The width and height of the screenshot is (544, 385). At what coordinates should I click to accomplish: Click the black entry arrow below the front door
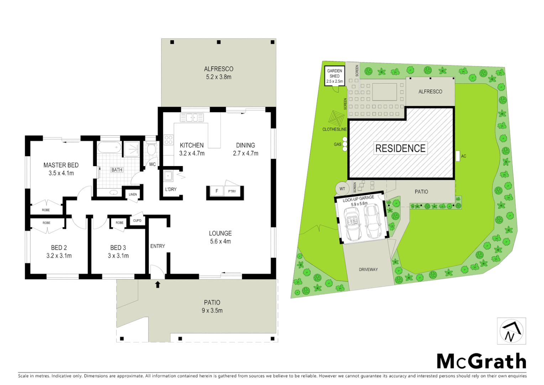click(157, 284)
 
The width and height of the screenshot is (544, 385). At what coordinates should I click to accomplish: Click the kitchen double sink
click(192, 117)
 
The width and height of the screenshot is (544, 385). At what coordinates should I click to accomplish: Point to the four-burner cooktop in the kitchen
click(168, 140)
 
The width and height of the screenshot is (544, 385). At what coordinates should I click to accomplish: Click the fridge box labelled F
click(216, 191)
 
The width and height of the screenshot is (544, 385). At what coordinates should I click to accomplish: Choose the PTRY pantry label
click(232, 191)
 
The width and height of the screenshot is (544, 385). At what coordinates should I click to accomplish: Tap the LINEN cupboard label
click(133, 194)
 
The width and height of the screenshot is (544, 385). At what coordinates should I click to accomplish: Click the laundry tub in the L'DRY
click(168, 176)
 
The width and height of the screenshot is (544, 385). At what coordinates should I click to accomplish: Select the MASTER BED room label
click(61, 165)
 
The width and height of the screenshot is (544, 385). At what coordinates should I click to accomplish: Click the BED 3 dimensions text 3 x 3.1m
click(118, 256)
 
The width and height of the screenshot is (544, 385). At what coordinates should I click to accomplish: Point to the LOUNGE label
click(220, 233)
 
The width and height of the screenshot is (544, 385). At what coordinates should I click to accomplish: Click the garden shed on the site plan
click(335, 76)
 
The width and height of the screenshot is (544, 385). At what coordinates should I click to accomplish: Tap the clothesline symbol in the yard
click(335, 117)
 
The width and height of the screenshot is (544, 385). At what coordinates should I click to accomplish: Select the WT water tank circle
click(342, 189)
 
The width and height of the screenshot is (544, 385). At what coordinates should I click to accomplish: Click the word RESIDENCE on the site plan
click(401, 148)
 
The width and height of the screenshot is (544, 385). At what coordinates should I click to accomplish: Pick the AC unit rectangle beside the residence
click(457, 156)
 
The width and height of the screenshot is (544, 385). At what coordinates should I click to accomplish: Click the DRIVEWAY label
click(368, 269)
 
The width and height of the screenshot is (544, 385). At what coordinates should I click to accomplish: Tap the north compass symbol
click(511, 331)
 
